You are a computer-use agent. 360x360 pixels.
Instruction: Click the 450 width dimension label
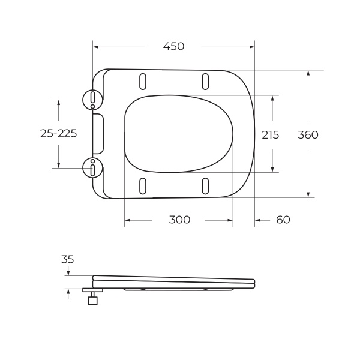tap(173, 47)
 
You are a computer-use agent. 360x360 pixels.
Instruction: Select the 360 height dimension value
tap(308, 135)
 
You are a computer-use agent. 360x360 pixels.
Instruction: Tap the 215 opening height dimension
tap(271, 135)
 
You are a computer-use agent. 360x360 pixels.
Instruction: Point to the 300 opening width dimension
tap(179, 220)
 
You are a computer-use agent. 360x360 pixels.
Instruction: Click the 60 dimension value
tap(283, 220)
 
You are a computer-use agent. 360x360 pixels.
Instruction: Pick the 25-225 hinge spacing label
tap(58, 134)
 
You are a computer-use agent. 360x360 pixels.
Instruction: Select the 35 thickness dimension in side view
tap(68, 260)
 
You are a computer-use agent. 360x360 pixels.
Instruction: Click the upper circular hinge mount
tap(92, 99)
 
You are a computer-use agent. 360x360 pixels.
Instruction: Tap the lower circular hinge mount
tap(92, 167)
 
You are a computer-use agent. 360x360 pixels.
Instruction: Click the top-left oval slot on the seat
tap(143, 81)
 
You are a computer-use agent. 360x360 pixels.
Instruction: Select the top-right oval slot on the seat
tap(205, 81)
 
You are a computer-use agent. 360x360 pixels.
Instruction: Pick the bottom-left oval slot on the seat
tap(143, 186)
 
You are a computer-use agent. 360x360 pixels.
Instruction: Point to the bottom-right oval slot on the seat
tap(205, 186)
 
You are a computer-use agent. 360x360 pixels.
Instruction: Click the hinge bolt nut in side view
tap(92, 301)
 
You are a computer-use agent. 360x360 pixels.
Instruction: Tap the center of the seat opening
tap(178, 133)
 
